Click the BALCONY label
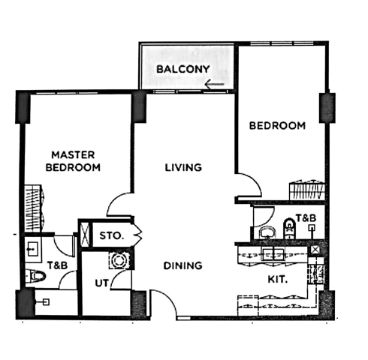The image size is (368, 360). pos(183,69)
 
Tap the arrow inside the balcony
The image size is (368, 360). pos(214,85)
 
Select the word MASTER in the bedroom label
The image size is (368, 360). pos(73,155)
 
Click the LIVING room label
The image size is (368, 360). pos(183,167)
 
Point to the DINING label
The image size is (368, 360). pos(182,265)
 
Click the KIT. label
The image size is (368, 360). pos(278,279)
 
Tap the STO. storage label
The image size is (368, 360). pos(112,235)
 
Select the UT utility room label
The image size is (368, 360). pos(102,283)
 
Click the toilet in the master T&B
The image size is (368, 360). pos(36,276)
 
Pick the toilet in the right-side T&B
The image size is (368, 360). pos(289,229)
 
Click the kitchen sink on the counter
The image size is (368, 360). pos(273,254)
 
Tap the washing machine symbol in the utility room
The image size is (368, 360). pos(119,260)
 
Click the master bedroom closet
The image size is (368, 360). pos(33,208)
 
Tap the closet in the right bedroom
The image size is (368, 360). pos(307,190)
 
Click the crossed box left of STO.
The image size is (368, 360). pos(86,234)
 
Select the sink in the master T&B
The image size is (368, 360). pos(33,249)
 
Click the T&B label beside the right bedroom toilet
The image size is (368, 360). pos(306,218)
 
